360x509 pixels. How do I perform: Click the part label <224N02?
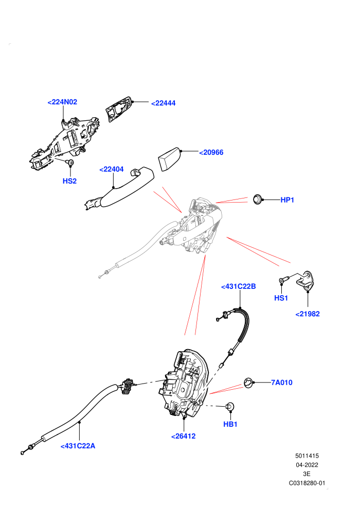[62, 102]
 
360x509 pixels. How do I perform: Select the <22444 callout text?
[163, 103]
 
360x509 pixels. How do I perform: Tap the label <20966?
[211, 152]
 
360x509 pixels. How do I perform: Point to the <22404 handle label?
[112, 169]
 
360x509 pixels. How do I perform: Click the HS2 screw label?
[69, 181]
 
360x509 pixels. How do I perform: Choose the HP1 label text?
[287, 200]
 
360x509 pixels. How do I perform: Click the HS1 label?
[281, 298]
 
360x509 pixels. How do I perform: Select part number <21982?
[308, 314]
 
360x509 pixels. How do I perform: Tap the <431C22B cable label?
[238, 286]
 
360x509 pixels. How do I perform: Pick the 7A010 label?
[282, 383]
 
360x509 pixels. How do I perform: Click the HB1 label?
[230, 424]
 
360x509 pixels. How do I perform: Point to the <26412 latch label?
[184, 437]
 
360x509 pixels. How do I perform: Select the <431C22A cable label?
[78, 446]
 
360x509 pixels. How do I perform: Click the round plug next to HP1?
[258, 199]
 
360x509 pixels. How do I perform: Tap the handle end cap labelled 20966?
[169, 159]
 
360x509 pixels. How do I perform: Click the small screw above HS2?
[70, 162]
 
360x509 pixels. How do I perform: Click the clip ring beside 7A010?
[248, 383]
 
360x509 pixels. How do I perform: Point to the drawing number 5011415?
[307, 456]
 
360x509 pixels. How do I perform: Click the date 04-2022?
[307, 465]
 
